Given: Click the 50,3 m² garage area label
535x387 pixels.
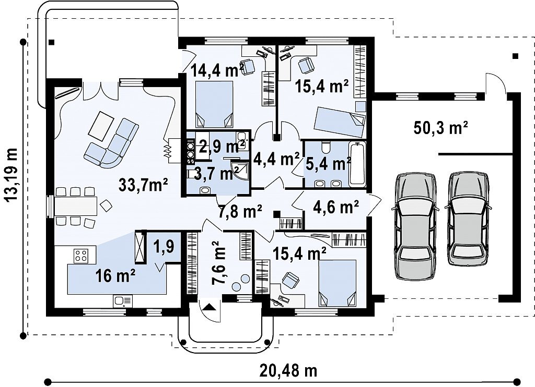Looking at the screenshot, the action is click(440, 128).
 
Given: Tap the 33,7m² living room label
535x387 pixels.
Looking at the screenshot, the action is click(143, 185).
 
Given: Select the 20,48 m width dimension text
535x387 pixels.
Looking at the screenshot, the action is click(288, 370).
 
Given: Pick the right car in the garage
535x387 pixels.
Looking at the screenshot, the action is click(468, 219).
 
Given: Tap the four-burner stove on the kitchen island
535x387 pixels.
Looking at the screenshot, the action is click(81, 255).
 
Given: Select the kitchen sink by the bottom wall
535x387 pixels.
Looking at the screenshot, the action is click(122, 301).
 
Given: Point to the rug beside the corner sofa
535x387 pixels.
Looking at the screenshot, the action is click(101, 126).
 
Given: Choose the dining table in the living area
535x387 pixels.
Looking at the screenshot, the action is click(76, 206).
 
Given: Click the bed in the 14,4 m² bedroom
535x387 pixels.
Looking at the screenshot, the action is click(214, 104).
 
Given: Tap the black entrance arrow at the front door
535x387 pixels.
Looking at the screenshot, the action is click(210, 307).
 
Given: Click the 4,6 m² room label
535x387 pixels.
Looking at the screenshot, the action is click(336, 207).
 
